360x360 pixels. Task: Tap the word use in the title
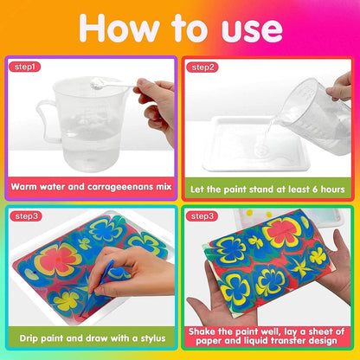(252, 30)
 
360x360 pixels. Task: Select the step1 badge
(24, 67)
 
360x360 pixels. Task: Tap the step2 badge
(202, 67)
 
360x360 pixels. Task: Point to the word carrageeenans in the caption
(120, 187)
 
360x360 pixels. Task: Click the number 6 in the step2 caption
(315, 190)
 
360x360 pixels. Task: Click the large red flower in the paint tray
(58, 259)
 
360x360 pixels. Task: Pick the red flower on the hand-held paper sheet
(282, 231)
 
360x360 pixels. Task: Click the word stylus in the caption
(153, 338)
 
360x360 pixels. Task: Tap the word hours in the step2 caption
(332, 190)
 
